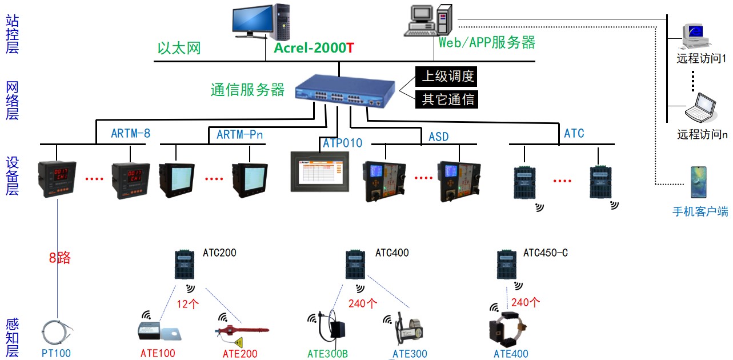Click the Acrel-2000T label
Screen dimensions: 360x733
pos(314,48)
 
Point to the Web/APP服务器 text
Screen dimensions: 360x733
pos(487,42)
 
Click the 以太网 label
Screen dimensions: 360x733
pos(179,48)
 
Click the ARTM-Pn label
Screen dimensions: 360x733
pos(240,135)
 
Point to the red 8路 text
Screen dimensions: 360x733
pos(59,258)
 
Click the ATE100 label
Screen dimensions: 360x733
pos(158,353)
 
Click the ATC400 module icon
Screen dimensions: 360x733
pos(356,265)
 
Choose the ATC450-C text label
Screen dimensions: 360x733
pos(545,253)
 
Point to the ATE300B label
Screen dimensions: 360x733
pos(327,354)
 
